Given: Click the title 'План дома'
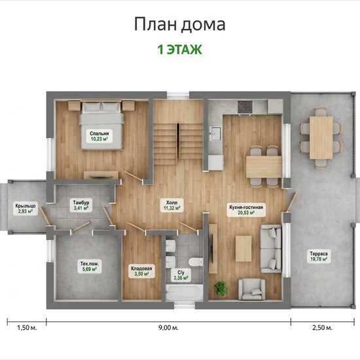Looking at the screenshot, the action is (x=179, y=24).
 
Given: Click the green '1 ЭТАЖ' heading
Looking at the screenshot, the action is (x=179, y=50).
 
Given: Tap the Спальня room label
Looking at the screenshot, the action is (x=99, y=136).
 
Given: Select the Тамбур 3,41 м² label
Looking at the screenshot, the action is (x=81, y=206).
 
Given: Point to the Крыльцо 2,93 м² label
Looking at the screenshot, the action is (x=26, y=208).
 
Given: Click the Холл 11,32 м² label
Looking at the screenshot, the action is (x=171, y=206).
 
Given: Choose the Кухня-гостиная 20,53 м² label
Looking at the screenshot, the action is (x=246, y=210).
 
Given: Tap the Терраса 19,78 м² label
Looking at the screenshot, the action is (x=319, y=257).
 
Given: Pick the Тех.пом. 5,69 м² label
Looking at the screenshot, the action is (x=89, y=266).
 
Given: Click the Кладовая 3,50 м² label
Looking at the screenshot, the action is (x=141, y=271).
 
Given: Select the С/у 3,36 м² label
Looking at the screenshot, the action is (x=181, y=276).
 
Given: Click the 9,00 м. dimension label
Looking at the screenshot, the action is (x=168, y=328).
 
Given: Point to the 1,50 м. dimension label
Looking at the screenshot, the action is (x=27, y=328).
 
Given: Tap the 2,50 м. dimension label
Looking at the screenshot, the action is (x=322, y=328).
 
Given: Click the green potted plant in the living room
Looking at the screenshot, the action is (x=221, y=288).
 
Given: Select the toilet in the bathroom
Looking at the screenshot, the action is (x=196, y=262).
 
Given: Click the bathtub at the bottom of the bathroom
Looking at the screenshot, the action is (x=185, y=293).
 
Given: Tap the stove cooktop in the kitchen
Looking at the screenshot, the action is (x=245, y=107).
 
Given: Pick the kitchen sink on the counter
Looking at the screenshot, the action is (x=215, y=133).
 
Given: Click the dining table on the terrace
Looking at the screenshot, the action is (x=321, y=137).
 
